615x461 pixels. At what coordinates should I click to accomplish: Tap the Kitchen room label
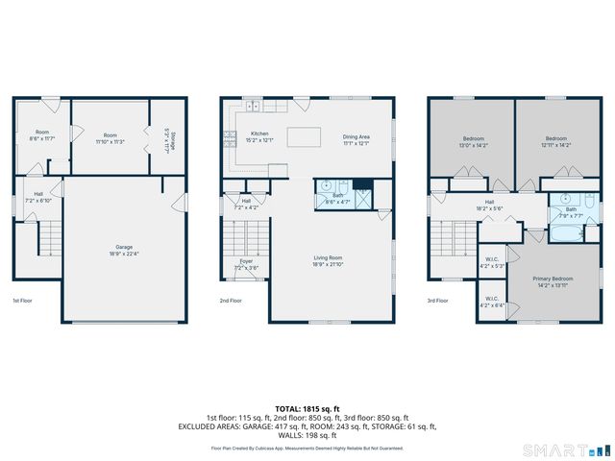pos(258,133)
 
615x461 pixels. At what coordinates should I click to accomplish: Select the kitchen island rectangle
pos(306,133)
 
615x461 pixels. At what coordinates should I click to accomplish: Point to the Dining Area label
pos(356,136)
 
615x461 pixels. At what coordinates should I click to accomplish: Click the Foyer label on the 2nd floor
pos(246,260)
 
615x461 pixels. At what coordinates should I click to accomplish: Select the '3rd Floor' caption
pos(437,301)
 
